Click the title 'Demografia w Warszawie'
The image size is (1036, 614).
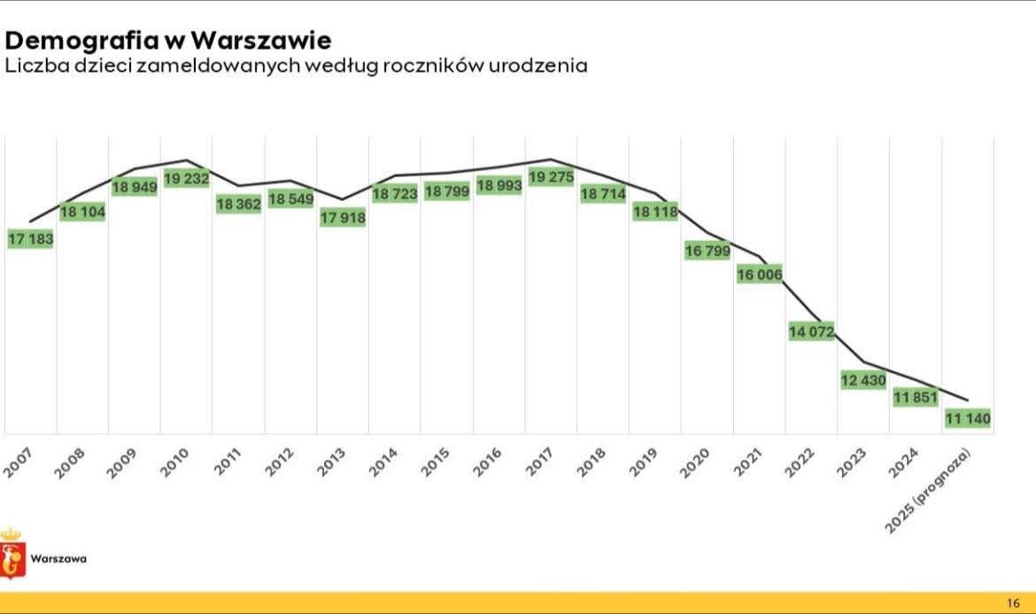[x=168, y=40]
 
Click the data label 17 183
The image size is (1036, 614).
[x=31, y=239]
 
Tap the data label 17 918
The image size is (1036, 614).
[x=343, y=217]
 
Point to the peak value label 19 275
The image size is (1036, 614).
[x=551, y=177]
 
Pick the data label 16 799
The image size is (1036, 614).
[x=707, y=251]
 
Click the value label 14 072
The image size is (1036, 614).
[x=811, y=331]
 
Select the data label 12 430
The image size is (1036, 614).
[x=863, y=380]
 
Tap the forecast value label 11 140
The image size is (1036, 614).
[x=967, y=418]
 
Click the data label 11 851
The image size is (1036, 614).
[x=916, y=398]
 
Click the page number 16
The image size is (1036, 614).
[x=1014, y=602]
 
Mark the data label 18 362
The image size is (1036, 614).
[x=239, y=203]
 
